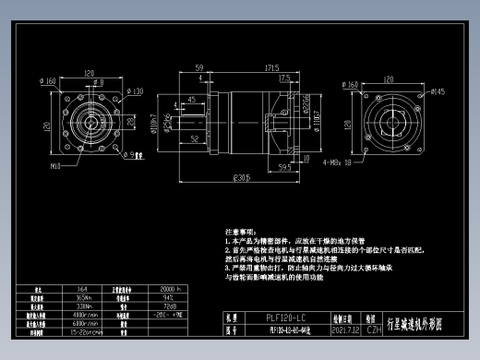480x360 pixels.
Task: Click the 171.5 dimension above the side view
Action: pos(273,67)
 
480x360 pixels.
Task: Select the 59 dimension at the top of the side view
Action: pos(199,67)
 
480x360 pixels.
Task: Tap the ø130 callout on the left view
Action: pos(135,91)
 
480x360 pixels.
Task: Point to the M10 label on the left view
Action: pos(54,166)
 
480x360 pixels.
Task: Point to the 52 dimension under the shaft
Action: pos(195,138)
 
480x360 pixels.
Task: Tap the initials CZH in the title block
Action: pos(374,328)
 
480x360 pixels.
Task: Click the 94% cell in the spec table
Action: pos(168,298)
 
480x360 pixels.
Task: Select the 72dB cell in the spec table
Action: pos(169,306)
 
